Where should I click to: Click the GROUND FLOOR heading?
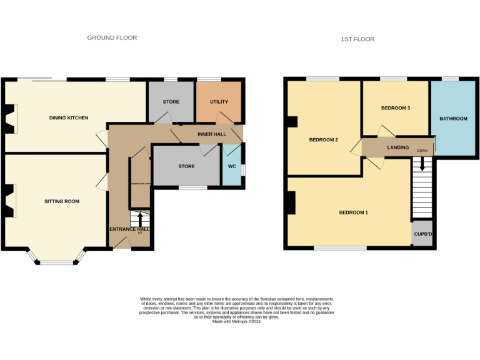112,38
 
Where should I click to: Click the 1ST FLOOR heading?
357,39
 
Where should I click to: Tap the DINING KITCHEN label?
69,118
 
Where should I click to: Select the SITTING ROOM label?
62,202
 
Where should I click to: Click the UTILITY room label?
219,101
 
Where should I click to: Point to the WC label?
232,167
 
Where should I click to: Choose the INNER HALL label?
212,134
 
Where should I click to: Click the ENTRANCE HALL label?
129,230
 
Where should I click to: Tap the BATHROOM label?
453,119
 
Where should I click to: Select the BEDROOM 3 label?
396,108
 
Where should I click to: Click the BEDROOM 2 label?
324,140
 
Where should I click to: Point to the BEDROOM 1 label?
353,213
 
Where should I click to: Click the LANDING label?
398,147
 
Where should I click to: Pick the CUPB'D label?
422,234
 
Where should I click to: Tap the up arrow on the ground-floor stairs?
140,220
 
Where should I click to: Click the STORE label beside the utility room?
171,102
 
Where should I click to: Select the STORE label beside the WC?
186,167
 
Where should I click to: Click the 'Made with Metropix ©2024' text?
236,322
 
